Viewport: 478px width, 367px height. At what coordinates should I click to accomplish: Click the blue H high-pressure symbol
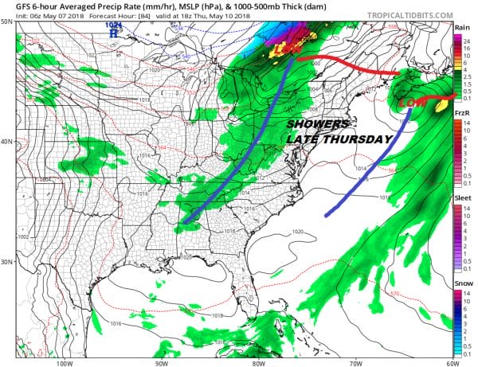[114, 34]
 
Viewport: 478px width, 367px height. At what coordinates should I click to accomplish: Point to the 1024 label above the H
[114, 25]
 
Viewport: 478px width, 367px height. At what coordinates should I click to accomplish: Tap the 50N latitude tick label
[7, 21]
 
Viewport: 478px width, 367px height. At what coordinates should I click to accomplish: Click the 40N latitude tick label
[7, 142]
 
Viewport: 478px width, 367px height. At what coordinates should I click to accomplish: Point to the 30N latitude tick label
[7, 262]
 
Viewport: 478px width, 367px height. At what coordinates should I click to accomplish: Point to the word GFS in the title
[14, 6]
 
